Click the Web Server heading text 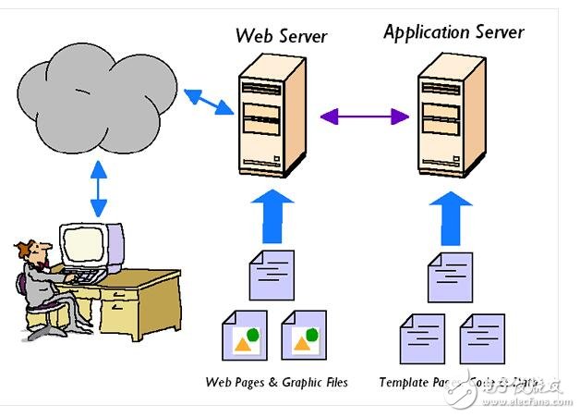[x=282, y=36]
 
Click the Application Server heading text [x=453, y=32]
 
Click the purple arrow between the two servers [x=365, y=117]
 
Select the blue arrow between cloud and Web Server [x=208, y=101]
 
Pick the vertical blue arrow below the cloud [x=98, y=190]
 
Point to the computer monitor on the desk [x=91, y=244]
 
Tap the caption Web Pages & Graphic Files [x=276, y=382]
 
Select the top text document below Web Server [x=272, y=275]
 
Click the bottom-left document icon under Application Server [x=419, y=338]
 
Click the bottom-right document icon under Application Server [x=481, y=338]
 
